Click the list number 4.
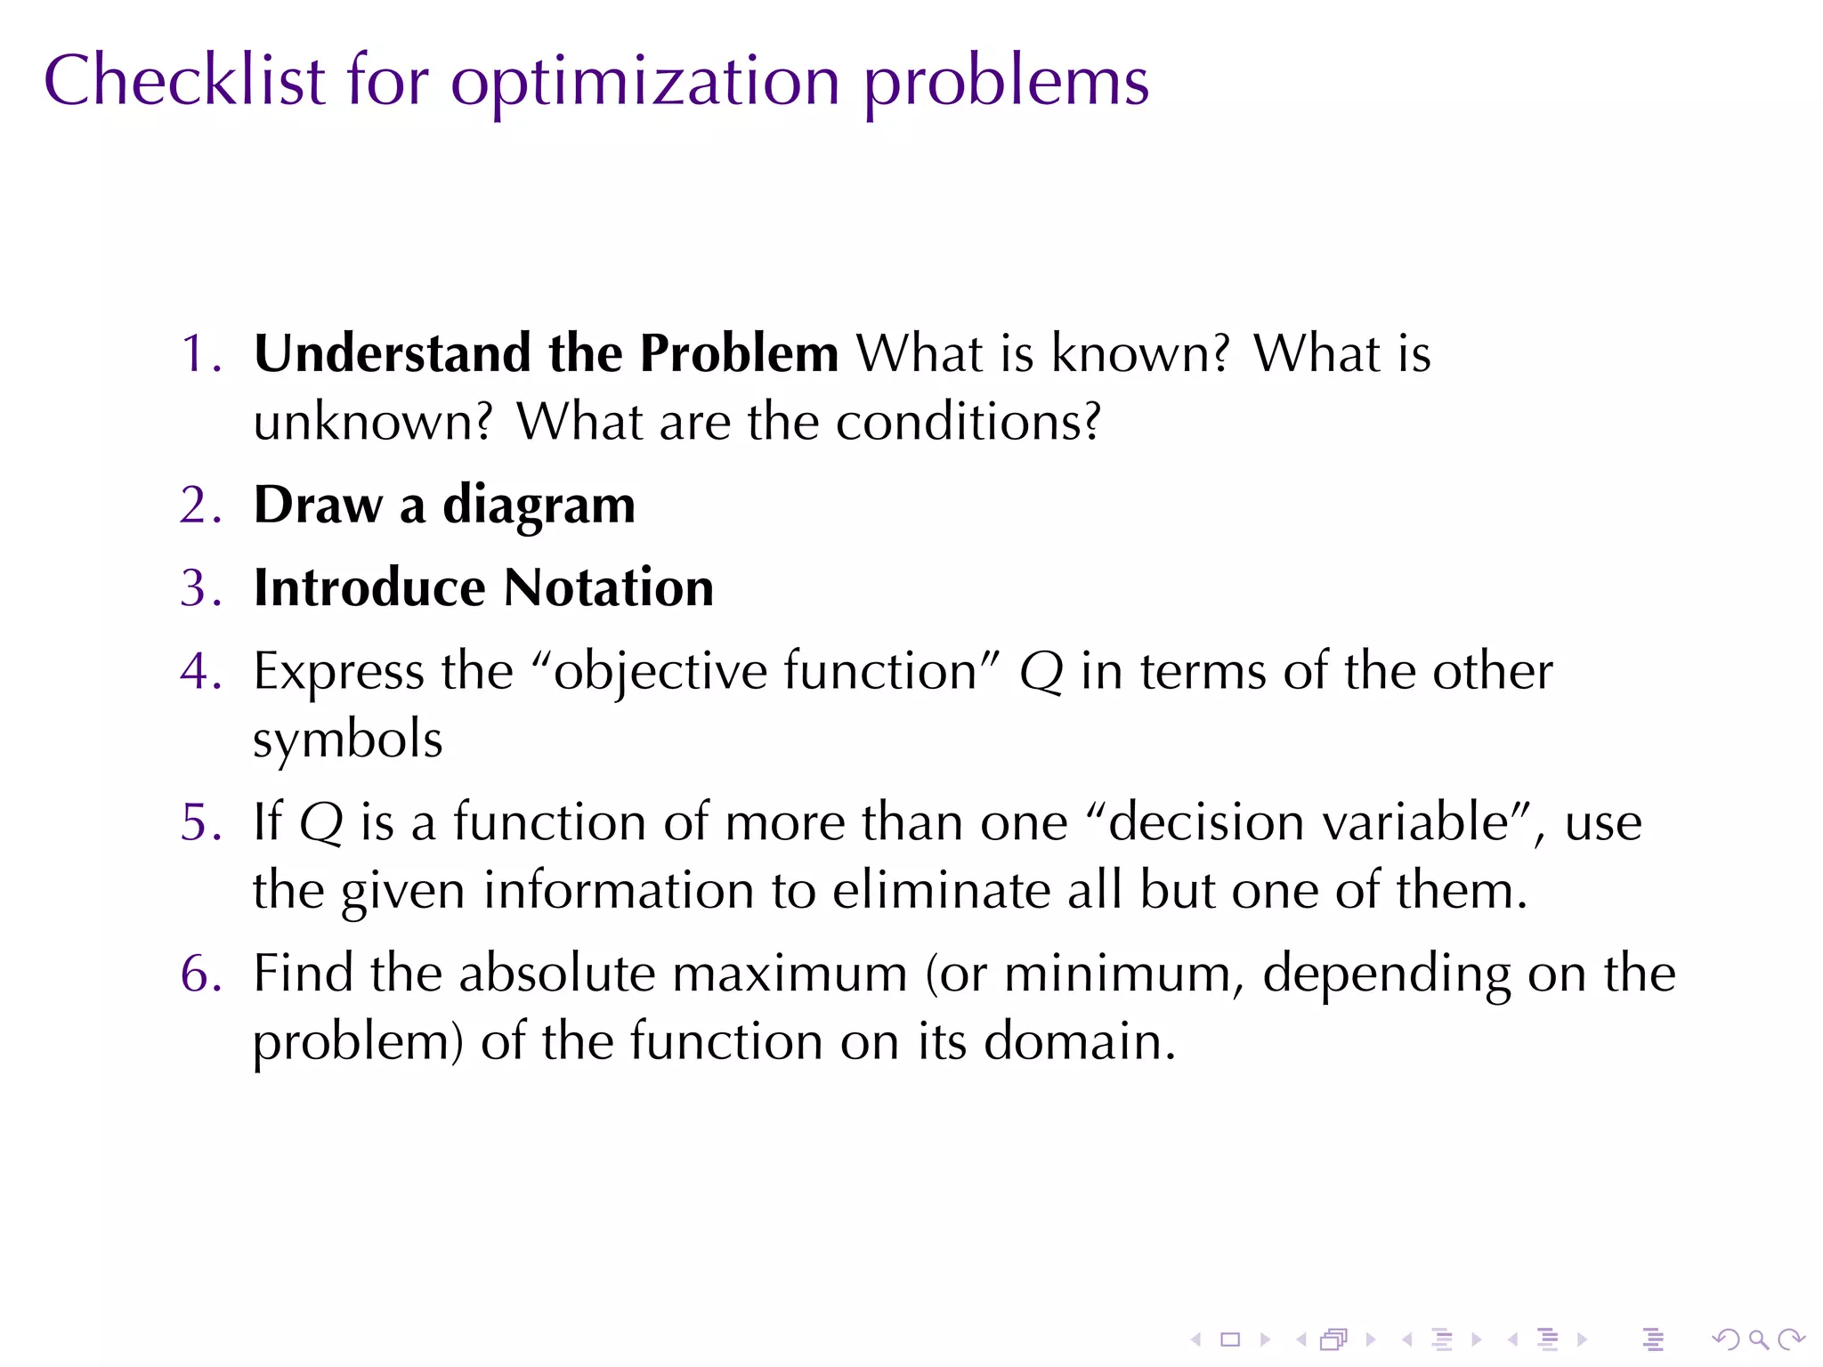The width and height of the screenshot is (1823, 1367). pyautogui.click(x=198, y=671)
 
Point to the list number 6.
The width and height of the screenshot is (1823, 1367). pyautogui.click(x=198, y=973)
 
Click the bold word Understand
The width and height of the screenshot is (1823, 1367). pyautogui.click(x=392, y=353)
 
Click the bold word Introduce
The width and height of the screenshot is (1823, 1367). pyautogui.click(x=369, y=588)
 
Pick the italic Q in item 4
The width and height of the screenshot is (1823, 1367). pyautogui.click(x=1041, y=673)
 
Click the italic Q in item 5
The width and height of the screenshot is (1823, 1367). pyautogui.click(x=320, y=823)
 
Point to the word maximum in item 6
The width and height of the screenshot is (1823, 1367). pyautogui.click(x=789, y=974)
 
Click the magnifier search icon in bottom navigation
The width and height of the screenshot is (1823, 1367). pyautogui.click(x=1758, y=1339)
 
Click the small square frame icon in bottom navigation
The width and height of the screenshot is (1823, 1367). pyautogui.click(x=1230, y=1339)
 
